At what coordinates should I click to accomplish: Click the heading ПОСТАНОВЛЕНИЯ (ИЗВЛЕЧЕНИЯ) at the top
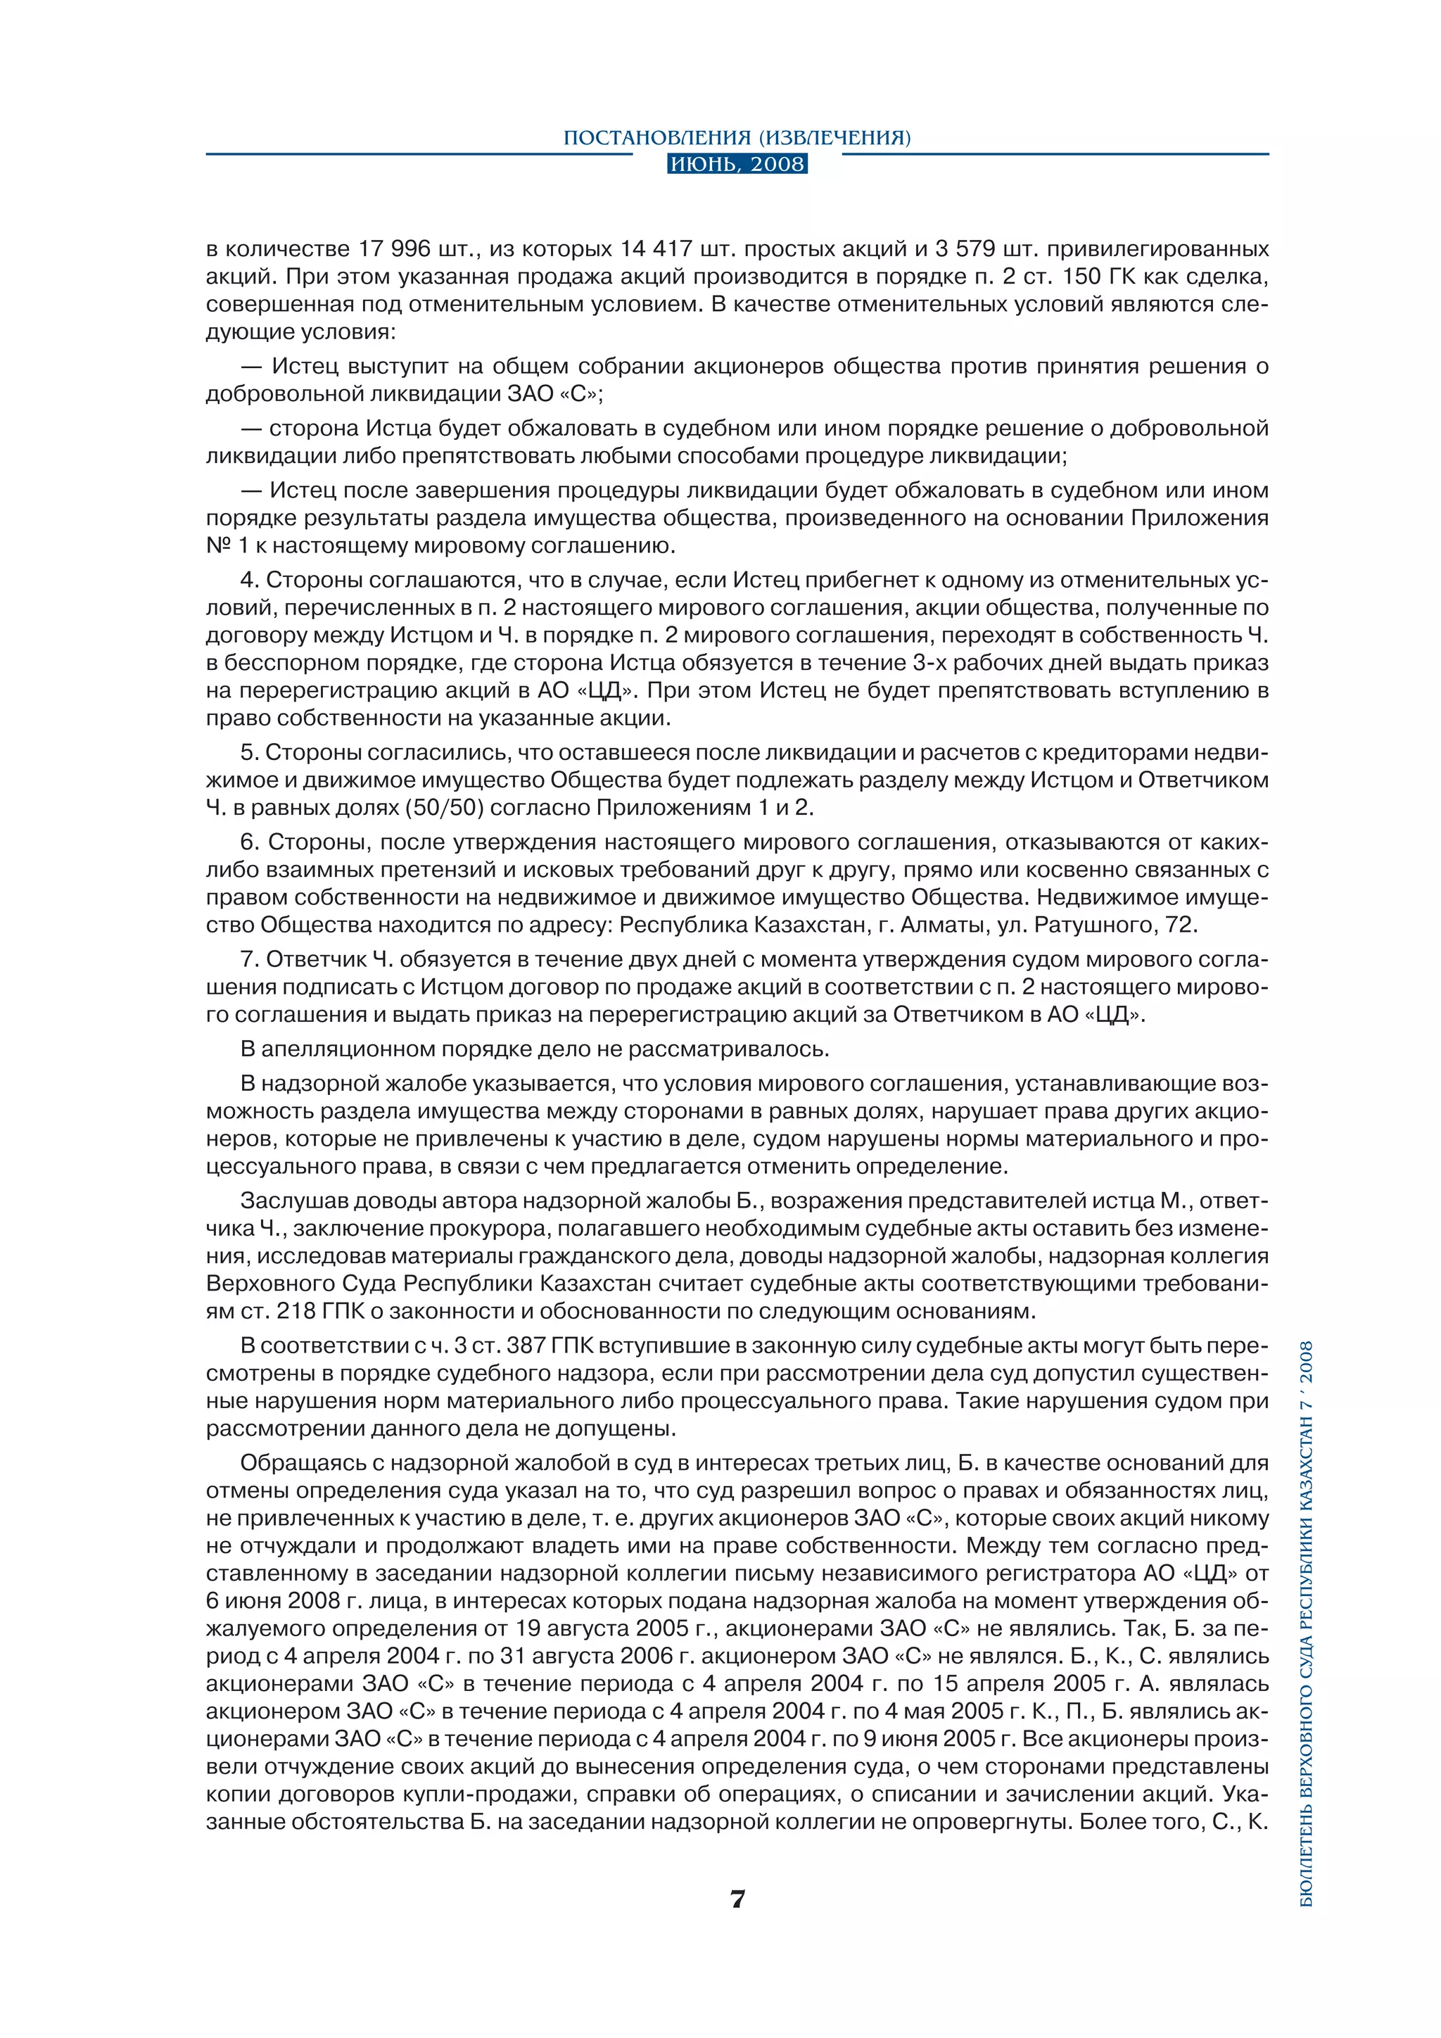pos(737,138)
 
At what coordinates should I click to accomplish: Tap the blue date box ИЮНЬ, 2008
pos(737,164)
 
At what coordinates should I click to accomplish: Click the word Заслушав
pos(293,1201)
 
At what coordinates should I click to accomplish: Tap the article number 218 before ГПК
pos(296,1311)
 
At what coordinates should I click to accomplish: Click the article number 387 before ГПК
pos(526,1346)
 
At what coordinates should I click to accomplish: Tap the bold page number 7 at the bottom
pos(737,1899)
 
